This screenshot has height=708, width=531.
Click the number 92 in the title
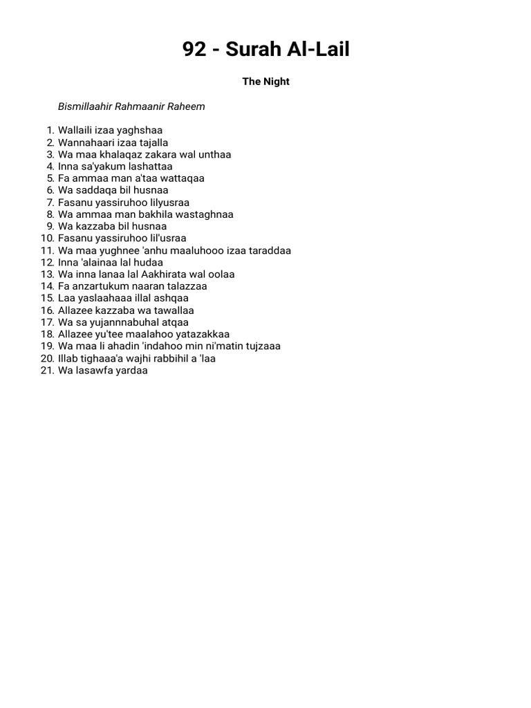pos(194,49)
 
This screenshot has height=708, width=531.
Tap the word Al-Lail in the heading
pos(317,49)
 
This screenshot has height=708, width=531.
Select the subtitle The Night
pos(265,82)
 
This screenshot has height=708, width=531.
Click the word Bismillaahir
pos(85,107)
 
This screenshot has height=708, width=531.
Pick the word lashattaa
pos(150,166)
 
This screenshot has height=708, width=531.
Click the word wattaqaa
pos(181,178)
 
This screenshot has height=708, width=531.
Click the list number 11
pos(47,250)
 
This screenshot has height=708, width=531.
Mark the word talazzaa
pos(185,286)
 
